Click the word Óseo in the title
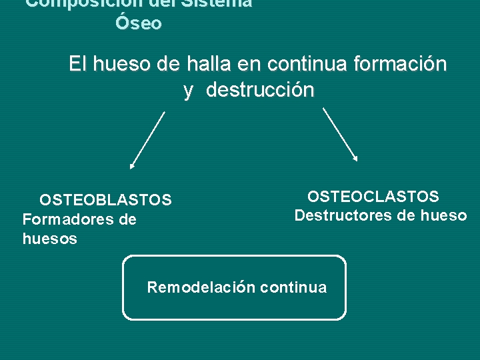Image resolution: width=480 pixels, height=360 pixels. (138, 23)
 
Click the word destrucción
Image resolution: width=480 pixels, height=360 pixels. (260, 90)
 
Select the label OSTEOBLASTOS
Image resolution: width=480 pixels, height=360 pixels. (105, 200)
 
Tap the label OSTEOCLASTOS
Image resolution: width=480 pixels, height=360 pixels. (373, 197)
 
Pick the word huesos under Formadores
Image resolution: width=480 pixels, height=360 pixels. (50, 239)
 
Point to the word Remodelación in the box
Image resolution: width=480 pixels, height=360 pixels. (201, 287)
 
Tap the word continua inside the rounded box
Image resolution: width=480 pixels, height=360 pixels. (294, 287)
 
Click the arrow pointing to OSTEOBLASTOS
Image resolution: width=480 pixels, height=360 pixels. (147, 140)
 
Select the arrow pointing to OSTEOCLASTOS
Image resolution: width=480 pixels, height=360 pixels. (340, 135)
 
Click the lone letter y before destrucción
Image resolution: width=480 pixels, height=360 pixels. (188, 91)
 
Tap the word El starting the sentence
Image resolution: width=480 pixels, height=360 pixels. (78, 65)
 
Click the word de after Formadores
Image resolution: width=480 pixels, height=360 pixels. (127, 219)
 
